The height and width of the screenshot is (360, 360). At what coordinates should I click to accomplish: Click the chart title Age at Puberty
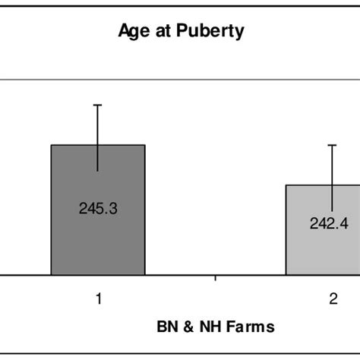(179, 33)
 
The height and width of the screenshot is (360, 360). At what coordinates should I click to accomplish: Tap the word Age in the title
(131, 33)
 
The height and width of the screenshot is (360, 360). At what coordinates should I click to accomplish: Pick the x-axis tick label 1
(98, 299)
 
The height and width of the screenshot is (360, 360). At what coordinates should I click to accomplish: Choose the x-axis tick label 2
(332, 299)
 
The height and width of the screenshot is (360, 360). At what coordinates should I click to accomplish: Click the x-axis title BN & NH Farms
(215, 327)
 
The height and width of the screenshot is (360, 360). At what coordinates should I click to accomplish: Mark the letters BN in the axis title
(165, 327)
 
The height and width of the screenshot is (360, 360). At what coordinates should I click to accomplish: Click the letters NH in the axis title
(205, 327)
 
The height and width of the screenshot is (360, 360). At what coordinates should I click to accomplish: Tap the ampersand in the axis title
(185, 327)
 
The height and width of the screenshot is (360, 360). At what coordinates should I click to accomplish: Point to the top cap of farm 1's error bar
(98, 104)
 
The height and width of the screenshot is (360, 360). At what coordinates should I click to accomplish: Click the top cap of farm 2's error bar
(332, 144)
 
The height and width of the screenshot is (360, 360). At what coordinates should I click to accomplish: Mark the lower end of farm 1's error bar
(98, 171)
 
